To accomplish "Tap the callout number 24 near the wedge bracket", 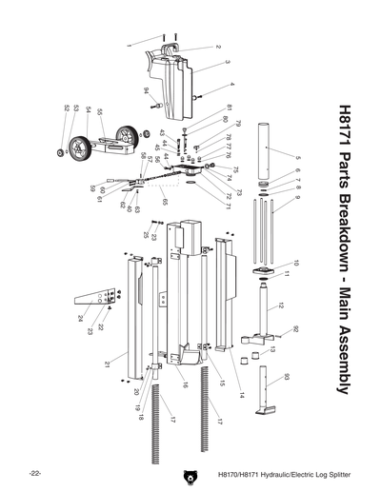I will pos(80,318).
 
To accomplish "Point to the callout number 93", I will pos(286,378).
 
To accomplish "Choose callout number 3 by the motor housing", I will pos(228,62).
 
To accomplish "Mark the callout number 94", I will pos(147,90).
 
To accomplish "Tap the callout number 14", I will pos(241,393).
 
